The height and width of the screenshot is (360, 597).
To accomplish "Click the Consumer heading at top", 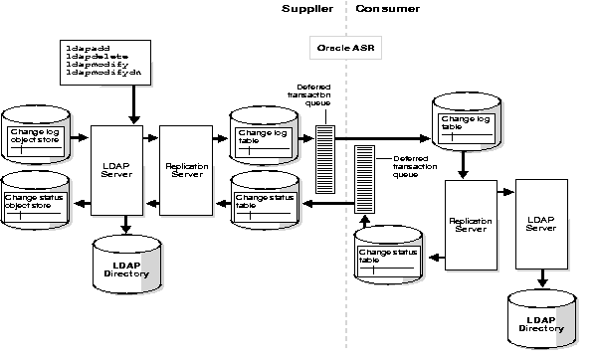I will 385,9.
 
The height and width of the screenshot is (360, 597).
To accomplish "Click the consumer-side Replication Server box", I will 472,224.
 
